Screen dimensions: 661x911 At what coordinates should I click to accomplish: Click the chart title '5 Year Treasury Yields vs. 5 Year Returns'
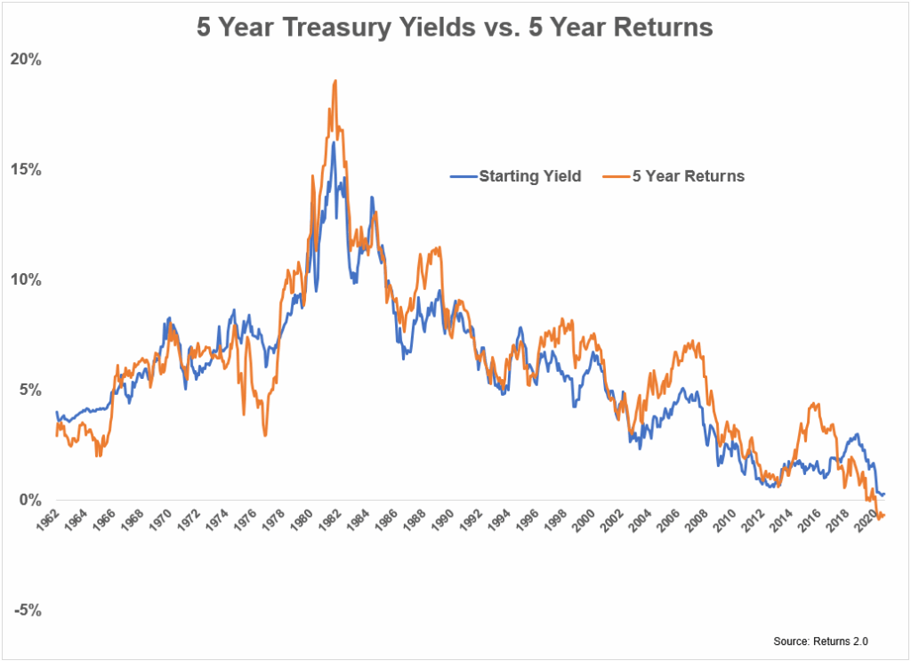[455, 28]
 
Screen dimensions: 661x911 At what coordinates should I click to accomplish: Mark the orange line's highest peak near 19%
[335, 81]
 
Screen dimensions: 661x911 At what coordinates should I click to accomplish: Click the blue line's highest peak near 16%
[333, 142]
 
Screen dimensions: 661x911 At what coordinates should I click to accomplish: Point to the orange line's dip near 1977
[265, 434]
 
